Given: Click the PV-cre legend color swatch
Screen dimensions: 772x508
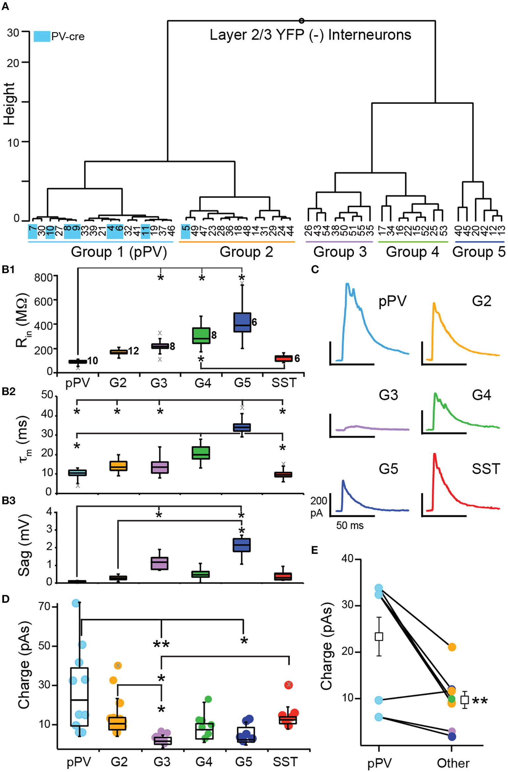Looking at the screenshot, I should (x=42, y=36).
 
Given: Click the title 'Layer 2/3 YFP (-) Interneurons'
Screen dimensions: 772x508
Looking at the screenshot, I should (x=310, y=35).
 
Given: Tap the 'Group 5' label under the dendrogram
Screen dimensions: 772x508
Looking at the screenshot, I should (x=479, y=252).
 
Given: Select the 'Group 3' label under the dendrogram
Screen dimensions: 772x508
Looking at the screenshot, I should (x=340, y=252).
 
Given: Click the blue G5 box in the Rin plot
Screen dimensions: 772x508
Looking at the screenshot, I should (x=242, y=322).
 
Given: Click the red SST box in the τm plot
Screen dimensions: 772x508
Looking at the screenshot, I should (x=283, y=474).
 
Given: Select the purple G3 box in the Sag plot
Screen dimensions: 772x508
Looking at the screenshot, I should (x=160, y=563).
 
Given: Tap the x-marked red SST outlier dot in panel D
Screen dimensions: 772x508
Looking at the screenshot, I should (x=289, y=684).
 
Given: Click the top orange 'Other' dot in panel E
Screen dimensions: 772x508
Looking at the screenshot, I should (x=452, y=647).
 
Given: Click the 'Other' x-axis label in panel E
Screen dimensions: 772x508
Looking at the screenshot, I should (x=453, y=763).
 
